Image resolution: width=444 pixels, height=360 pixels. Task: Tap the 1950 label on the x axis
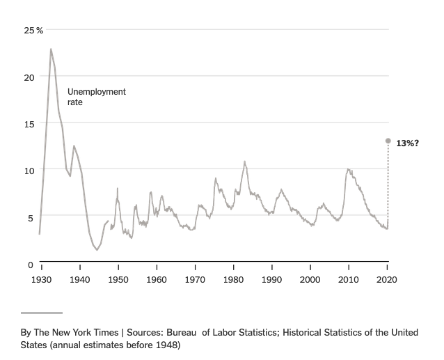click(x=118, y=279)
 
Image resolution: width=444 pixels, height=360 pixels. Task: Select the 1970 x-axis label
click(x=195, y=279)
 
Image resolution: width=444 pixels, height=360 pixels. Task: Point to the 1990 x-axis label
click(x=272, y=279)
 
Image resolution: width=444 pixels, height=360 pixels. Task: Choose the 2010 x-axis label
click(x=349, y=279)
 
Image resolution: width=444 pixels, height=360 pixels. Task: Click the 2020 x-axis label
click(x=387, y=279)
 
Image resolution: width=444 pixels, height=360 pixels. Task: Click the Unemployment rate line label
click(x=96, y=97)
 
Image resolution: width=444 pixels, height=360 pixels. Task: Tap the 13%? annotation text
click(x=407, y=143)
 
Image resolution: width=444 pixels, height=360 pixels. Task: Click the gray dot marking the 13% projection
click(x=388, y=141)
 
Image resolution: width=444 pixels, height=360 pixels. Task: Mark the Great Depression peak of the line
click(x=51, y=49)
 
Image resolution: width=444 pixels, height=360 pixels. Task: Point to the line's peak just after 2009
click(x=348, y=169)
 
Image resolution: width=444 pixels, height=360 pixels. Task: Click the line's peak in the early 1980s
click(x=244, y=162)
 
